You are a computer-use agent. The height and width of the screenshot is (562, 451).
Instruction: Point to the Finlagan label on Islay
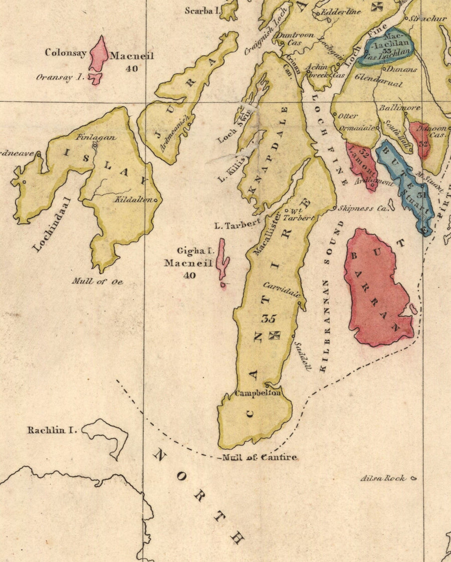coord(96,137)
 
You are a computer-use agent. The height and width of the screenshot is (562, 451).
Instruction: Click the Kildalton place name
coord(135,200)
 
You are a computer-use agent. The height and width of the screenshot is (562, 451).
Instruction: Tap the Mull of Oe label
coord(97,281)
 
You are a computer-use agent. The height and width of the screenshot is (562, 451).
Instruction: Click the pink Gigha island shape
coord(221,260)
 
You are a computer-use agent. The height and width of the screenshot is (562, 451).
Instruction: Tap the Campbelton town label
coord(258,393)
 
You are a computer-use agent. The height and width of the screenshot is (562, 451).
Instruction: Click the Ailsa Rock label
coord(383,478)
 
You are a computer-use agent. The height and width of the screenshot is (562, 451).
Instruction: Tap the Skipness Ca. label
coord(362,208)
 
